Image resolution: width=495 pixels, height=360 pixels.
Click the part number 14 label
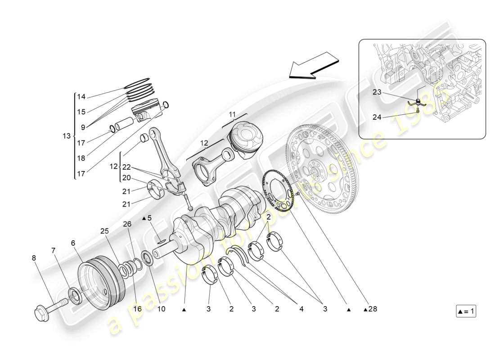[x=81, y=97]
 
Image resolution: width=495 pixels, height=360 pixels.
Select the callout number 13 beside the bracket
[x=67, y=136]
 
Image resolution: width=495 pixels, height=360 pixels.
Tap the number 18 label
[x=81, y=158]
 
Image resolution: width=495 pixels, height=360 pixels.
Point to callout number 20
[x=126, y=177]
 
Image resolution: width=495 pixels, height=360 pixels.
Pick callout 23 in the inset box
[x=377, y=92]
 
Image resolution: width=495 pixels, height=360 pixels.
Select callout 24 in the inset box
[x=377, y=118]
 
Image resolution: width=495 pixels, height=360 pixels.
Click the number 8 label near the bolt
[x=33, y=258]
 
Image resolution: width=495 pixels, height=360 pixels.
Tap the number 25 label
[x=104, y=231]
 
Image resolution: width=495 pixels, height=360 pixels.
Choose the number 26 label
[x=127, y=224]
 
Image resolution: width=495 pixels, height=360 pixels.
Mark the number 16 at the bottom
[x=138, y=309]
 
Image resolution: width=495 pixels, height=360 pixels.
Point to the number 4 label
[x=301, y=309]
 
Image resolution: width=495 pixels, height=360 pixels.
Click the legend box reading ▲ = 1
[x=466, y=311]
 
